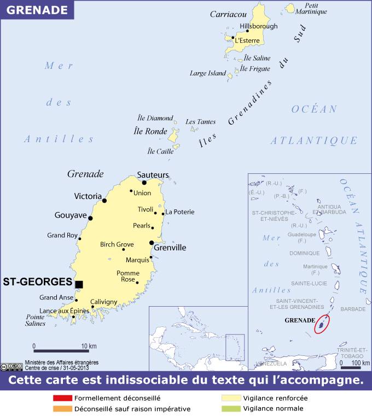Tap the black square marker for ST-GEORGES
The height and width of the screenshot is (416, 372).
tap(79, 284)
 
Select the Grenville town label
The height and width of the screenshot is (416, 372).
tap(170, 248)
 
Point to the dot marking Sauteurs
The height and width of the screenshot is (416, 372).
tap(143, 183)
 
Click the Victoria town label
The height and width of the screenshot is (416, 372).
tap(88, 196)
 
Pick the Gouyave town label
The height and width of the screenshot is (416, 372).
tap(71, 215)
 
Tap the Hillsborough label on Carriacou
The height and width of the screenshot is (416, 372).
tap(259, 26)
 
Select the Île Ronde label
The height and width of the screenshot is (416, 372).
tap(150, 131)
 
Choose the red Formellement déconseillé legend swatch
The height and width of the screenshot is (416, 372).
tap(62, 398)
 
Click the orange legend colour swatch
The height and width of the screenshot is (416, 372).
tap(62, 408)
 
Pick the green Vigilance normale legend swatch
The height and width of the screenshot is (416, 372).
tap(230, 408)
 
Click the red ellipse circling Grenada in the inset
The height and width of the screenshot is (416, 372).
tap(323, 324)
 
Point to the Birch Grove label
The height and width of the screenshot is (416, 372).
tap(117, 244)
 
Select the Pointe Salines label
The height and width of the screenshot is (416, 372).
tap(36, 320)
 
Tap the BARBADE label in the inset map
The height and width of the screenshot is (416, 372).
tap(352, 309)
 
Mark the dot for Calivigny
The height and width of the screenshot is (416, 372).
tap(92, 307)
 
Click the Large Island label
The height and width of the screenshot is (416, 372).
tap(207, 73)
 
